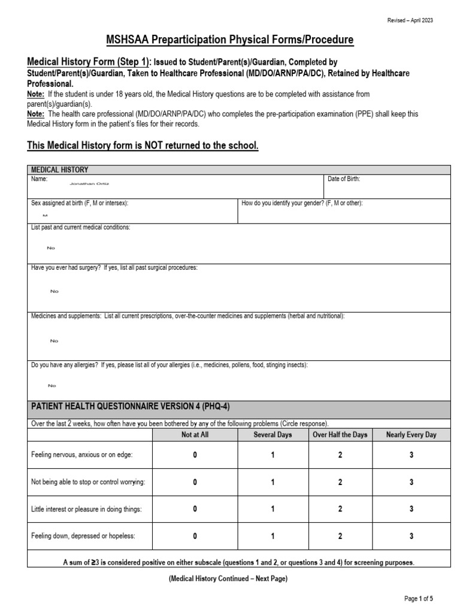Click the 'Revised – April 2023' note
(x=410, y=20)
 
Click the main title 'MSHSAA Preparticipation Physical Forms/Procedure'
(x=230, y=40)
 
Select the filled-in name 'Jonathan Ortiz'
(x=89, y=184)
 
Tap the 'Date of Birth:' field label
(x=344, y=179)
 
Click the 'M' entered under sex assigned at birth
(x=44, y=214)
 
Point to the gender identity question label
(x=302, y=203)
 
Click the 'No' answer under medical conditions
(x=50, y=248)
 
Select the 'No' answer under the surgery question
(x=55, y=291)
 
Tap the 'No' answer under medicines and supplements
(x=55, y=341)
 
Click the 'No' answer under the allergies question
(x=52, y=386)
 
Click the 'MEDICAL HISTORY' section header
(x=60, y=170)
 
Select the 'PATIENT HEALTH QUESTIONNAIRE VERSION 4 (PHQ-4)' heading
(x=130, y=407)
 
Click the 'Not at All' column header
(x=195, y=435)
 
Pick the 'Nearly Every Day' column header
(x=411, y=435)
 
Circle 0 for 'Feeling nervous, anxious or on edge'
(x=195, y=455)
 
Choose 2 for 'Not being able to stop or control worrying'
(x=340, y=482)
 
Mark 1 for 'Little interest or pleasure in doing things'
(x=273, y=509)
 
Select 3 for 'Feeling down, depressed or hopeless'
(x=411, y=536)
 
